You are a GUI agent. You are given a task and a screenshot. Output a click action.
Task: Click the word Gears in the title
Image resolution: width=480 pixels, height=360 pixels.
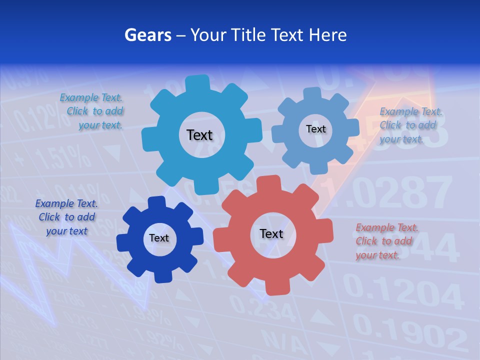point(148,35)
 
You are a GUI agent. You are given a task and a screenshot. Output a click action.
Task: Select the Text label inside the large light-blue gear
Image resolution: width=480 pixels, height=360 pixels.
point(199,135)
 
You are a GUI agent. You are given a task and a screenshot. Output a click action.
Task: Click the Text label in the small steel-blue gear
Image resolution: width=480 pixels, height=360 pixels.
point(315,129)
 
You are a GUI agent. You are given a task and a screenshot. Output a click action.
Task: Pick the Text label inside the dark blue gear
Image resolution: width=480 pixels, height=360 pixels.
point(159,238)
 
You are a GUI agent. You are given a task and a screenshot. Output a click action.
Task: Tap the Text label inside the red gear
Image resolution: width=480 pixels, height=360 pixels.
point(271,234)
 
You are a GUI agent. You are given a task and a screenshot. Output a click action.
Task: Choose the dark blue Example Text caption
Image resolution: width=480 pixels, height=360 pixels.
point(66,217)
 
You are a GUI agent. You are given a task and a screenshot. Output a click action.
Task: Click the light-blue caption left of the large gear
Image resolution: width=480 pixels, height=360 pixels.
point(93,111)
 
